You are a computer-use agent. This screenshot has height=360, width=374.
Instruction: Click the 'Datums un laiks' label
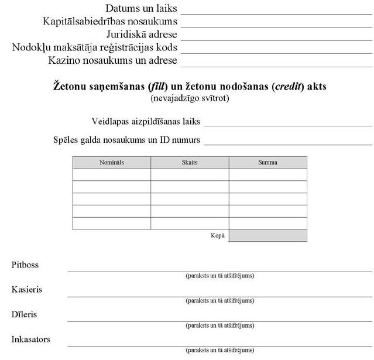[142, 9]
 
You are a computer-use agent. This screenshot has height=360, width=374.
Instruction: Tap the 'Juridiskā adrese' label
[142, 34]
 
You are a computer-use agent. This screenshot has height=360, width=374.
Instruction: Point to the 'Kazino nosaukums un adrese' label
[113, 60]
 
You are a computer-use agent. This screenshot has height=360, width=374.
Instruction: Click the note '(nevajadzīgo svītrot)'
[190, 98]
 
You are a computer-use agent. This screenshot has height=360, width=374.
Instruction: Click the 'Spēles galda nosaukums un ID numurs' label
[126, 140]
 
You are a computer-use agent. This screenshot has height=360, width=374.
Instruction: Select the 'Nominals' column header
[111, 162]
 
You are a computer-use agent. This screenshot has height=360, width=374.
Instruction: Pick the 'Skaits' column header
[190, 162]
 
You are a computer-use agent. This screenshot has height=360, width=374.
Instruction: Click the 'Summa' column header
[267, 162]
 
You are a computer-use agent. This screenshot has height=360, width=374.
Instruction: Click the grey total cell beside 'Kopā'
[267, 235]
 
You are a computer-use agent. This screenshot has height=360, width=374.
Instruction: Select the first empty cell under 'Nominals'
[111, 174]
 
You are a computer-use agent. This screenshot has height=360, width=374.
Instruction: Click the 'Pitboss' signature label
[25, 265]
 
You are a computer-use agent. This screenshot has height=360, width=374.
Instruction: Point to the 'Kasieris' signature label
[27, 290]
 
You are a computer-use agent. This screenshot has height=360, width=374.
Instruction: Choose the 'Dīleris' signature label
[24, 314]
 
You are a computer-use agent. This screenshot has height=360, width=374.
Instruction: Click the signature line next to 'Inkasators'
[219, 345]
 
